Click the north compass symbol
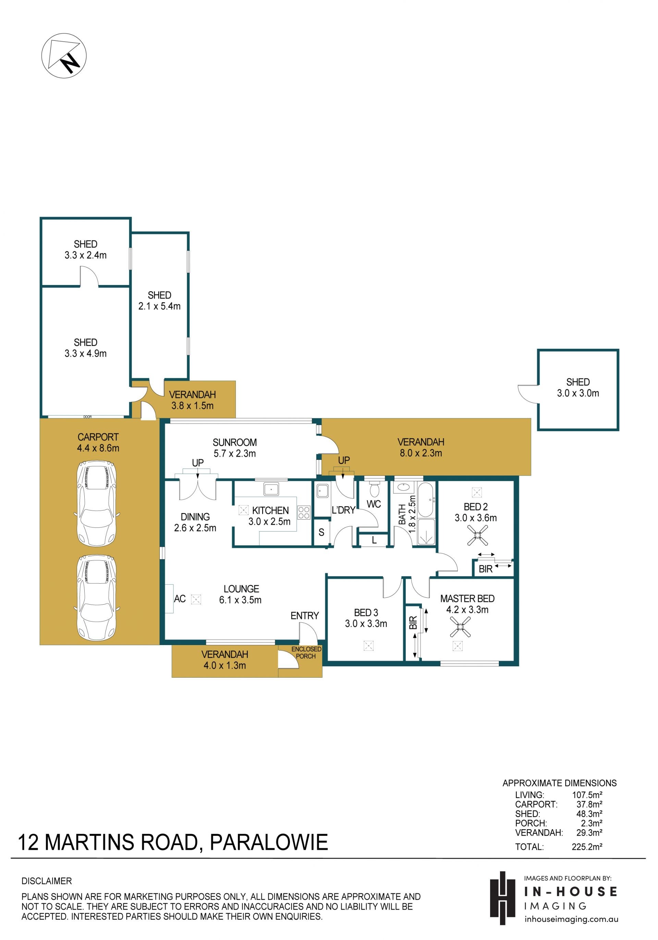pyautogui.click(x=64, y=56)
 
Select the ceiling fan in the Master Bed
pyautogui.click(x=460, y=627)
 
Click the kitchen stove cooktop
pyautogui.click(x=304, y=513)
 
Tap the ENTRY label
pyautogui.click(x=304, y=615)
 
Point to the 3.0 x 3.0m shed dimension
pyautogui.click(x=578, y=393)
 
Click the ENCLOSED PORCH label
pyautogui.click(x=306, y=653)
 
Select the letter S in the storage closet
pyautogui.click(x=321, y=532)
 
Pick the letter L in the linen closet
pyautogui.click(x=374, y=540)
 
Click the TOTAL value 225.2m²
pyautogui.click(x=587, y=847)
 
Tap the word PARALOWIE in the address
pyautogui.click(x=269, y=842)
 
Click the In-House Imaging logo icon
pyautogui.click(x=502, y=898)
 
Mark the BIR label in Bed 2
pyautogui.click(x=485, y=569)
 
